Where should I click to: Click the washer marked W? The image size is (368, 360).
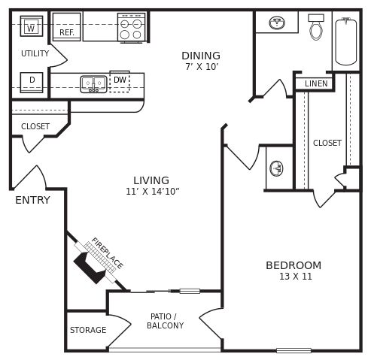[x=31, y=26]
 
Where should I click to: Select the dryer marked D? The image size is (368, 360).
[x=32, y=81]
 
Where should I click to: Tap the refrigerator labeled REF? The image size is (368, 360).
[x=66, y=26]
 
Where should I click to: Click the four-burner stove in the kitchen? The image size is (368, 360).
[x=131, y=28]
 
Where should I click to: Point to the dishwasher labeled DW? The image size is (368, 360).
[x=120, y=80]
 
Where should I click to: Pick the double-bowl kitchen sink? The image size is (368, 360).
[x=93, y=83]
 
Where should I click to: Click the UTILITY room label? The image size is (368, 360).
[x=35, y=54]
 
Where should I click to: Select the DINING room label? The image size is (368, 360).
[x=201, y=56]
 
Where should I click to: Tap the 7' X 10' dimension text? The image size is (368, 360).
[x=202, y=68]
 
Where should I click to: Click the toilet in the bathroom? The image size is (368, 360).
[x=316, y=29]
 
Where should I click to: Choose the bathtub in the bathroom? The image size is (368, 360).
[x=345, y=41]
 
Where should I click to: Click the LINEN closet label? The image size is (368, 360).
[x=316, y=84]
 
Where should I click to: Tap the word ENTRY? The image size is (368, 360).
[x=32, y=201]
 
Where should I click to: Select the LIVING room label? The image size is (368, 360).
[x=151, y=181]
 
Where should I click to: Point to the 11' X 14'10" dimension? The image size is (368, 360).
[x=152, y=192]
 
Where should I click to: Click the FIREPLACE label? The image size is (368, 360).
[x=107, y=253]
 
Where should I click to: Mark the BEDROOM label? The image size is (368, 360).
[x=293, y=266]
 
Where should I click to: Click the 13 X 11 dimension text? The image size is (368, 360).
[x=295, y=277]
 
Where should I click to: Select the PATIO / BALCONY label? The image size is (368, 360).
[x=165, y=322]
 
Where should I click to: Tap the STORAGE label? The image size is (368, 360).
[x=88, y=331]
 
